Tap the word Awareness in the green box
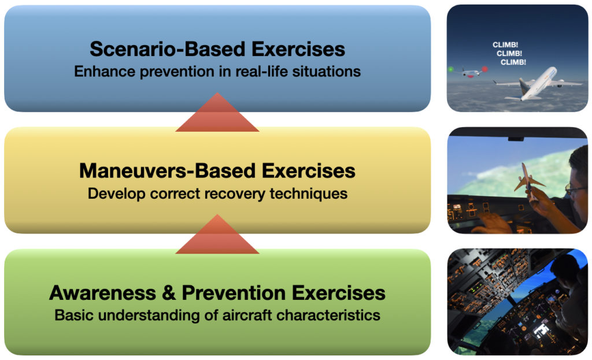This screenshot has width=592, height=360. click(102, 293)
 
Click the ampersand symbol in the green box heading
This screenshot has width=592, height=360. click(169, 293)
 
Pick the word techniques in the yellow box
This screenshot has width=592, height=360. click(309, 194)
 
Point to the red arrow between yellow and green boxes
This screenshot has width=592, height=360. click(217, 234)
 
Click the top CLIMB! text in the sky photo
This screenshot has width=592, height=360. click(505, 45)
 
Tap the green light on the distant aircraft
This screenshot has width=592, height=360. click(450, 69)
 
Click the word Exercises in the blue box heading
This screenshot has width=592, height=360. click(298, 49)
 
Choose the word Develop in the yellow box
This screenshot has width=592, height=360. click(116, 194)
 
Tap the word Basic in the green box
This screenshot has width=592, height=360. click(73, 315)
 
